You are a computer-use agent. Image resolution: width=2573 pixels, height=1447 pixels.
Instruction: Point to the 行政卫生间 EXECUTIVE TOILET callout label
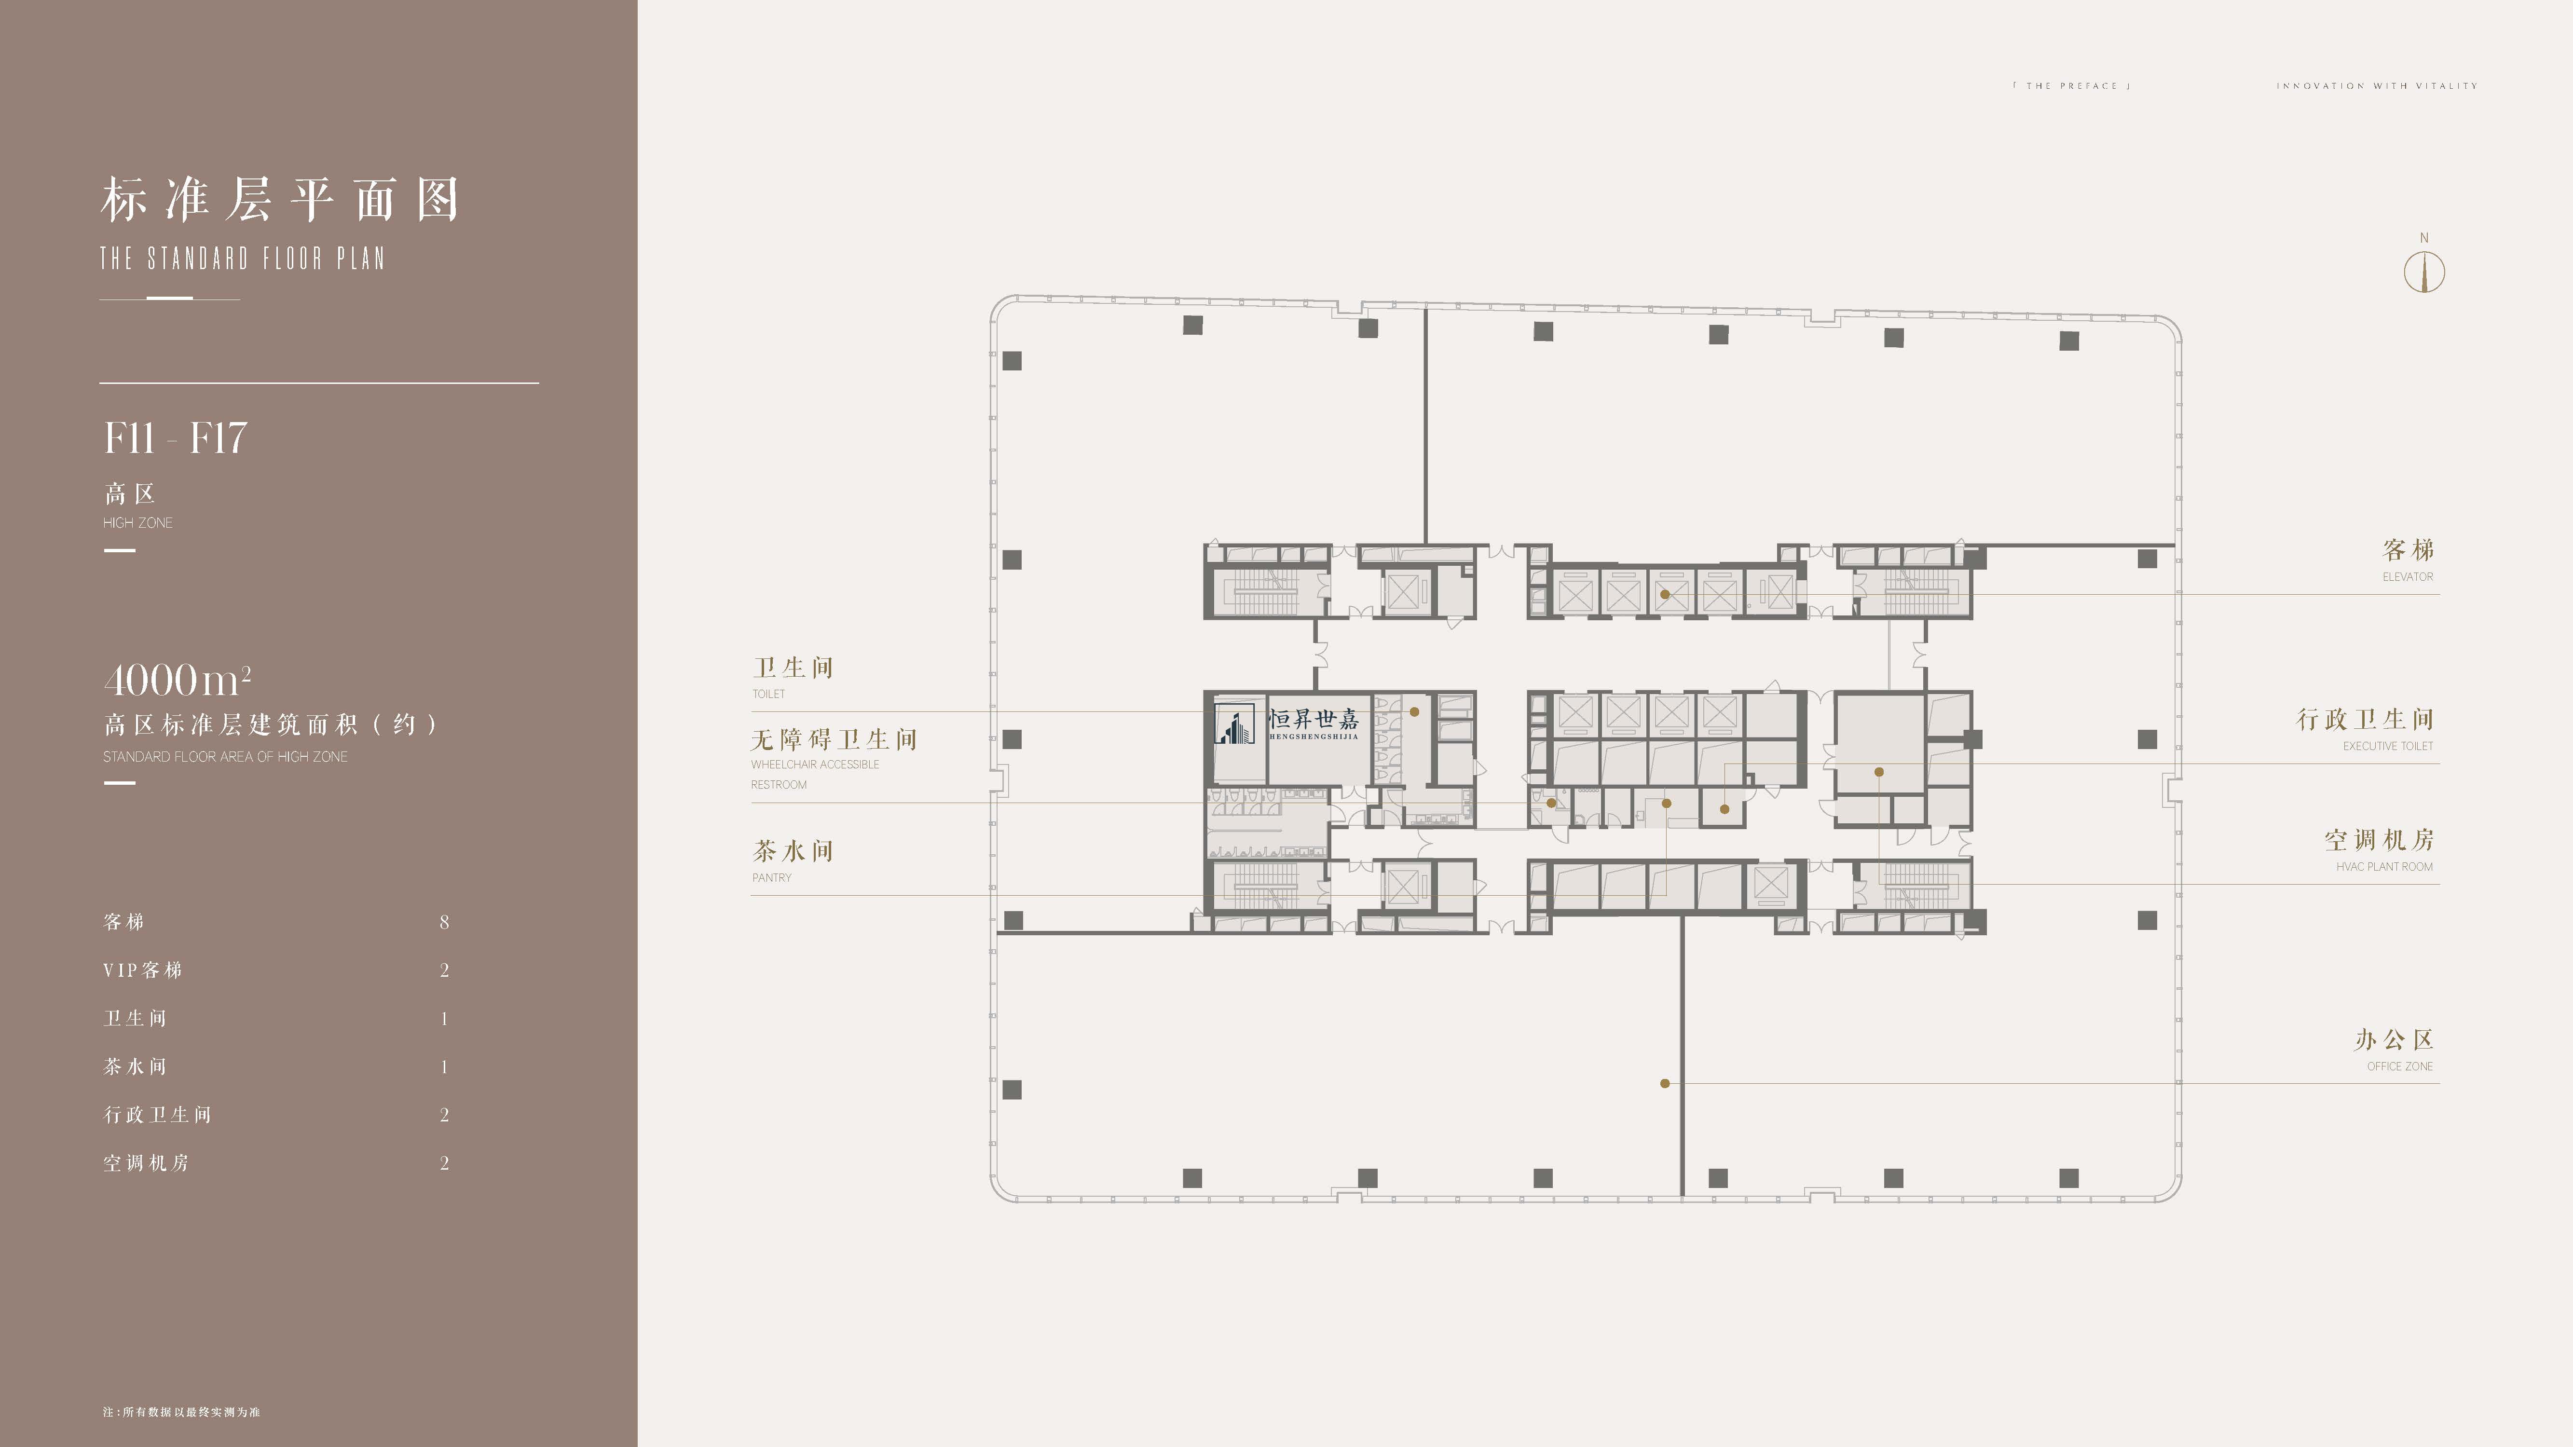(2364, 730)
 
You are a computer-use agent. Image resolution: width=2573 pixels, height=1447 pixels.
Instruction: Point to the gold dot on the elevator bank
(1665, 594)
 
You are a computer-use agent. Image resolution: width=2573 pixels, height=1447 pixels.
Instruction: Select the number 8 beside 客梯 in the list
(444, 922)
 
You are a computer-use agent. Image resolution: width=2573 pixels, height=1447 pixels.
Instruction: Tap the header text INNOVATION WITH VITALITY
(2377, 86)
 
